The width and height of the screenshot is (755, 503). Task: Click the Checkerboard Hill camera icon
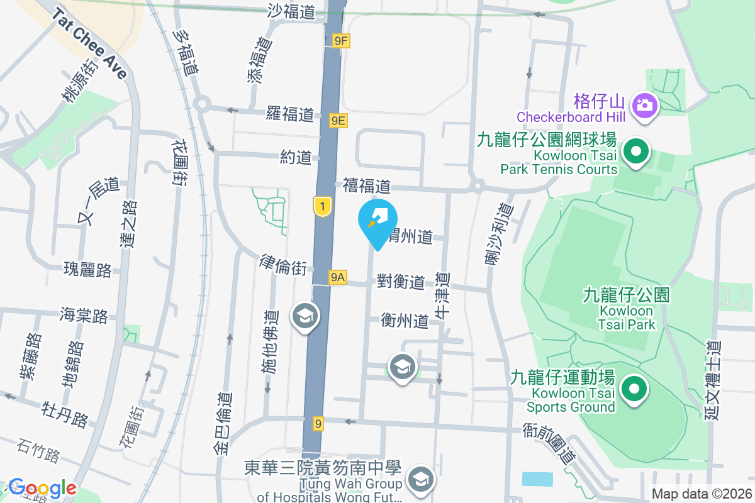644,104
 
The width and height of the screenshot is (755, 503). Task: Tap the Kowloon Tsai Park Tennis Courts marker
635,152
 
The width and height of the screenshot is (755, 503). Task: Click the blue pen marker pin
377,221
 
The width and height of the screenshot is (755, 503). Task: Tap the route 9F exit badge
341,41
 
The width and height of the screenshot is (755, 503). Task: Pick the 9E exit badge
338,119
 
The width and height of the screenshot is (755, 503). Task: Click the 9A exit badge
337,277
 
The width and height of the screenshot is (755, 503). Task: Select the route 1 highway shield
322,206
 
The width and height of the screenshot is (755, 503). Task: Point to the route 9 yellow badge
318,424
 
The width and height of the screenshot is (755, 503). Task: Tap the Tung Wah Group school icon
420,480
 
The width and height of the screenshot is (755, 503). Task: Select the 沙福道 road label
291,11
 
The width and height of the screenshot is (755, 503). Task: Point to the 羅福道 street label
289,114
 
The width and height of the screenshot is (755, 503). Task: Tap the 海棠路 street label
84,314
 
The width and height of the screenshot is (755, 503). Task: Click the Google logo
42,488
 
